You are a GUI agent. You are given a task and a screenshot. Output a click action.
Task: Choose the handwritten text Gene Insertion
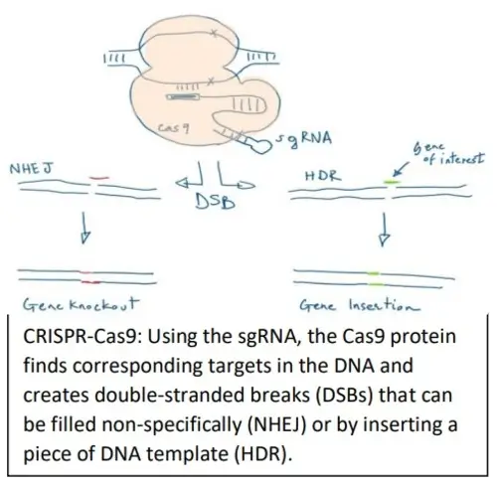point(345,306)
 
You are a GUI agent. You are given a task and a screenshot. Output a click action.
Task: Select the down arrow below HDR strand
point(383,231)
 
